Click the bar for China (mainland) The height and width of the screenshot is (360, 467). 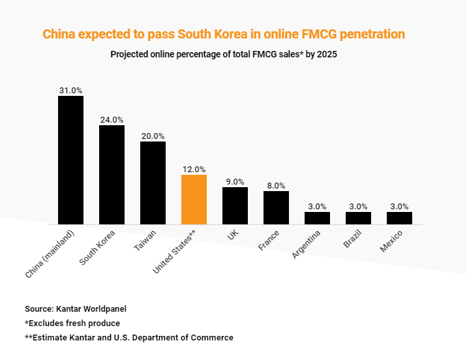(70, 160)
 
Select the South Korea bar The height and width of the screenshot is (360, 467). (112, 174)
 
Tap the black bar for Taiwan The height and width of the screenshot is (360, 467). (153, 183)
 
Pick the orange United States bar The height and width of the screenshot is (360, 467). (194, 199)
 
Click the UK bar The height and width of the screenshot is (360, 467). (235, 205)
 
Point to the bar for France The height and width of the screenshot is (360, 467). (276, 207)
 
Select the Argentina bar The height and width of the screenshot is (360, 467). (317, 218)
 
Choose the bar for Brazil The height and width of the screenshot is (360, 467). (358, 218)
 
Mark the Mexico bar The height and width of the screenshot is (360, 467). (399, 218)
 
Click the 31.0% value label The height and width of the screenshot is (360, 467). (70, 91)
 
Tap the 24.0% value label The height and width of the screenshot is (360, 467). (112, 120)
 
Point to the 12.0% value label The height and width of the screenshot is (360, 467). (194, 169)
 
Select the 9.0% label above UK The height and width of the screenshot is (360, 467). (235, 182)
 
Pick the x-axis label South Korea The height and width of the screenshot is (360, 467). (98, 247)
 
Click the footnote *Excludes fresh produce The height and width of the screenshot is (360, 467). (72, 323)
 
